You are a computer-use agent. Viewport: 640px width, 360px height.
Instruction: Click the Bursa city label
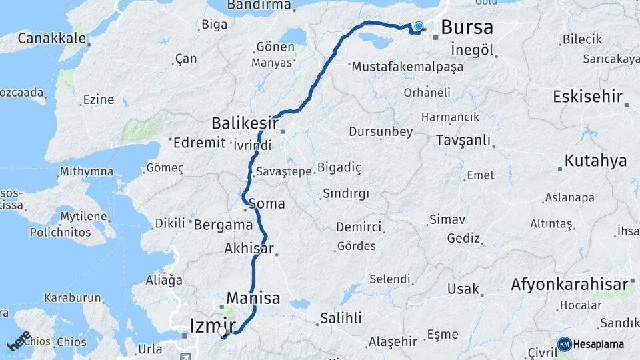[467, 27]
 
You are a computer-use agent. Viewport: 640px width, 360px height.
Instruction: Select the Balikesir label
[245, 123]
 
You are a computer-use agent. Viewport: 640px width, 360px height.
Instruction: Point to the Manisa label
[253, 298]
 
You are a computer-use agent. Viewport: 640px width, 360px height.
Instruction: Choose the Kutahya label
[595, 161]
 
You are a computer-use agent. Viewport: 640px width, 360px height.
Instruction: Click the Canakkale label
[51, 38]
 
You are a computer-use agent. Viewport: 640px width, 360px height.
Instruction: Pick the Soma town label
[266, 203]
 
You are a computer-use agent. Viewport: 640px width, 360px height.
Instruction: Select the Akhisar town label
[249, 249]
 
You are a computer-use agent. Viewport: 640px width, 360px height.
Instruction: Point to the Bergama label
[223, 225]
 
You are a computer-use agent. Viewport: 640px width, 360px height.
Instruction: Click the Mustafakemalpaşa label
[406, 67]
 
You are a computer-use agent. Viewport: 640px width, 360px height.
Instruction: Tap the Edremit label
[199, 143]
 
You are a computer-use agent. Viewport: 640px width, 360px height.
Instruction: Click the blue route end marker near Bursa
[419, 27]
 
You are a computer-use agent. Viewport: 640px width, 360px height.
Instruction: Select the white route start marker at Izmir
[222, 331]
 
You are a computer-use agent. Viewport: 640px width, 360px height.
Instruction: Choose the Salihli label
[340, 317]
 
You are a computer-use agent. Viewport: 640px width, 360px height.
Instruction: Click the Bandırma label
[259, 5]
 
